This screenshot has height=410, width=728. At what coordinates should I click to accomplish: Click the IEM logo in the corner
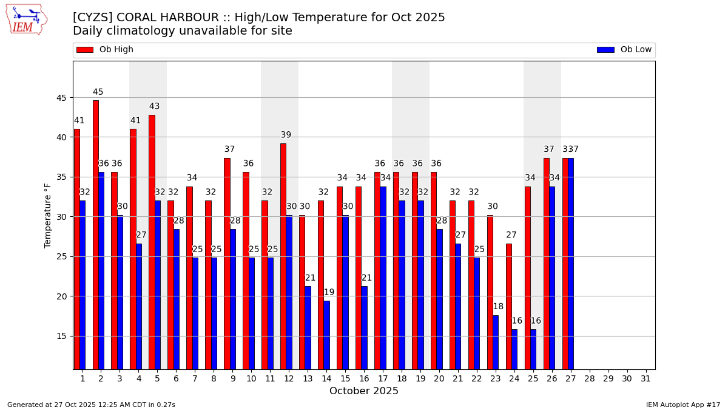26,19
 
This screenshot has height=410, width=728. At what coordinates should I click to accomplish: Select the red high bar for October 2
96,234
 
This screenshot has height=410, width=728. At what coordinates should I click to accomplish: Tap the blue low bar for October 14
327,335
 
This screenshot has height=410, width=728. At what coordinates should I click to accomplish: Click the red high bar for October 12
283,256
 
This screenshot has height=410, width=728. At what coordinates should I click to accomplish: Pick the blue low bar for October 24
514,349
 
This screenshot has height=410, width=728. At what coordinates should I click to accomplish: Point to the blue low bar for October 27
571,263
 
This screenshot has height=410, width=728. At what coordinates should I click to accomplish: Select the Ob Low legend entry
624,50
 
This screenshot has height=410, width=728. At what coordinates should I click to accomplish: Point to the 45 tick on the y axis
62,98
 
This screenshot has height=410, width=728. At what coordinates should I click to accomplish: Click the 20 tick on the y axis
62,296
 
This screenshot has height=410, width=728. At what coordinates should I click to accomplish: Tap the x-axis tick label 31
645,378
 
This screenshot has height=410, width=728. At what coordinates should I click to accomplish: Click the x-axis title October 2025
364,391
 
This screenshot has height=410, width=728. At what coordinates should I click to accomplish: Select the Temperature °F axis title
49,215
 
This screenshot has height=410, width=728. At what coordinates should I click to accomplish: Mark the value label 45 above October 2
98,92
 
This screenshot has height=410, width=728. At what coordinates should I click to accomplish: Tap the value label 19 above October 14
329,293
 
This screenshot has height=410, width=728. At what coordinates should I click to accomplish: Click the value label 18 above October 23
498,307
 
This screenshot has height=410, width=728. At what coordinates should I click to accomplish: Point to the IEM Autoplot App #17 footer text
683,405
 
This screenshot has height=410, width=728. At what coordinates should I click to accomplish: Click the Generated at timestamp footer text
91,405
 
